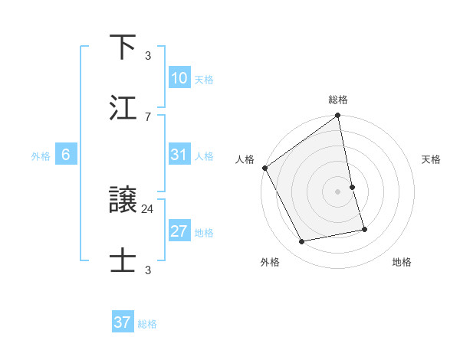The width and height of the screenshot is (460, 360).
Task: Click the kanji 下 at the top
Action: click(123, 47)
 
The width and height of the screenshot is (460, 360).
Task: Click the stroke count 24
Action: click(148, 208)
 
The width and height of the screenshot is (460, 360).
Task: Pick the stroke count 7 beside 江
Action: click(148, 116)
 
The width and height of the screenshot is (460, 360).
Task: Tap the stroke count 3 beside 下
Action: click(148, 55)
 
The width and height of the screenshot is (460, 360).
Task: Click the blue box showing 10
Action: click(179, 78)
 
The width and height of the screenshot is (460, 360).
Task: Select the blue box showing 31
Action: click(179, 155)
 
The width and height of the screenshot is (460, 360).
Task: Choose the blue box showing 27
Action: click(179, 231)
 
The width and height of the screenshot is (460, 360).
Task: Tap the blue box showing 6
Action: click(66, 155)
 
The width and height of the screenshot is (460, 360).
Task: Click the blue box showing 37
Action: click(122, 322)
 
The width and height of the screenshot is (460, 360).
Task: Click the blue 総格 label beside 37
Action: click(147, 324)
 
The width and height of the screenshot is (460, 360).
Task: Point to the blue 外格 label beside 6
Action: click(41, 156)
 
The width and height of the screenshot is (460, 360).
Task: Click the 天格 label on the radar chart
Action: click(431, 159)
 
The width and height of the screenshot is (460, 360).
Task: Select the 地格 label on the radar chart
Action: click(402, 262)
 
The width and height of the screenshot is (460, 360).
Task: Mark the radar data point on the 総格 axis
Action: click(337, 116)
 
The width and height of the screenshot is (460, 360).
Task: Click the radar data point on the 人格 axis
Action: click(265, 168)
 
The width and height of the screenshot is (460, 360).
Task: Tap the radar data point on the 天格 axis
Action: click(352, 187)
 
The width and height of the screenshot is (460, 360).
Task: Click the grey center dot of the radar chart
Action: click(337, 191)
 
